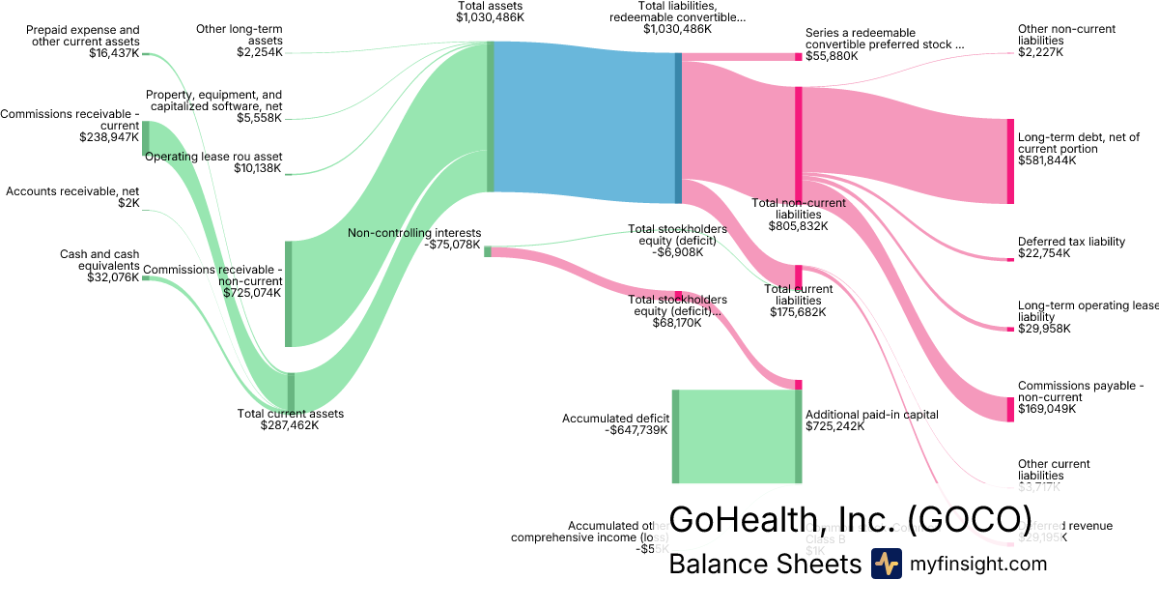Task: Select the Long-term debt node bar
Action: pos(1010,161)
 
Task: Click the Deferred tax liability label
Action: pos(1071,242)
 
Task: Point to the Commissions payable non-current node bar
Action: pos(1010,395)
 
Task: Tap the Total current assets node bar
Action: pos(291,391)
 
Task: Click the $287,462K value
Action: pos(290,425)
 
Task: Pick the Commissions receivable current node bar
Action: pos(145,138)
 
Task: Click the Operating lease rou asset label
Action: pos(213,157)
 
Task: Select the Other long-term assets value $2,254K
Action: pos(259,52)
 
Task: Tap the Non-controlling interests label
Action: pos(414,232)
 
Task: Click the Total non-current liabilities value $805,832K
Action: pos(798,226)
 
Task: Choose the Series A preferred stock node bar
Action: pos(798,57)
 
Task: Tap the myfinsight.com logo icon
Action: pos(886,564)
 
